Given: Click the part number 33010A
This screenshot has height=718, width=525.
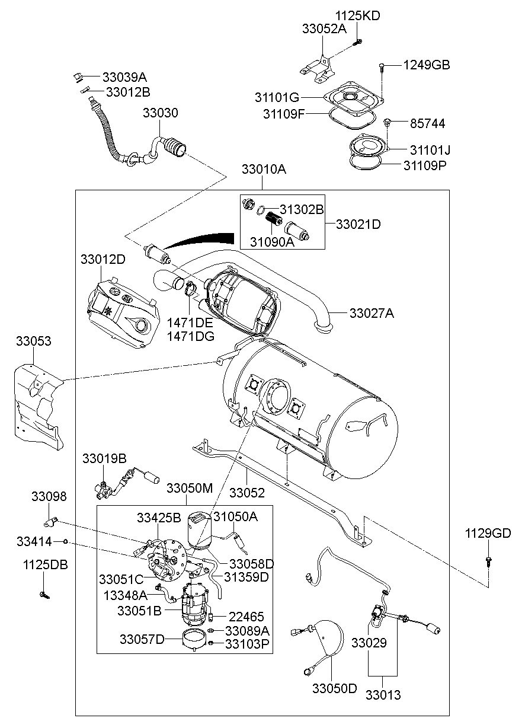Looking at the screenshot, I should point(264,170).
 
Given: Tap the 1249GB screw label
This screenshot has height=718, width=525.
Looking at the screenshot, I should point(427,65).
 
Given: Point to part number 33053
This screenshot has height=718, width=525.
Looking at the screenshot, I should point(33,342).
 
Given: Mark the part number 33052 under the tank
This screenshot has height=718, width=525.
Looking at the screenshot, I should point(247,493).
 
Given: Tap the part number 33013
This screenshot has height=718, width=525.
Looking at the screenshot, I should point(382,694).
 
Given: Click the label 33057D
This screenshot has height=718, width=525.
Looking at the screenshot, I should point(142,639).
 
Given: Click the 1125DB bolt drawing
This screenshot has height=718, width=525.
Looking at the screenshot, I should point(43,593).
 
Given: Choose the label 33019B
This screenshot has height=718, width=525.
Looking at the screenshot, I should point(104,458).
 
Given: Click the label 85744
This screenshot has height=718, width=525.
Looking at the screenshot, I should point(427,124).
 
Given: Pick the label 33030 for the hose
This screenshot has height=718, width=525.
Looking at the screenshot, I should point(159,113).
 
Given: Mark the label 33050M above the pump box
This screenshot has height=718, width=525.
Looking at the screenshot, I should point(189,488).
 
